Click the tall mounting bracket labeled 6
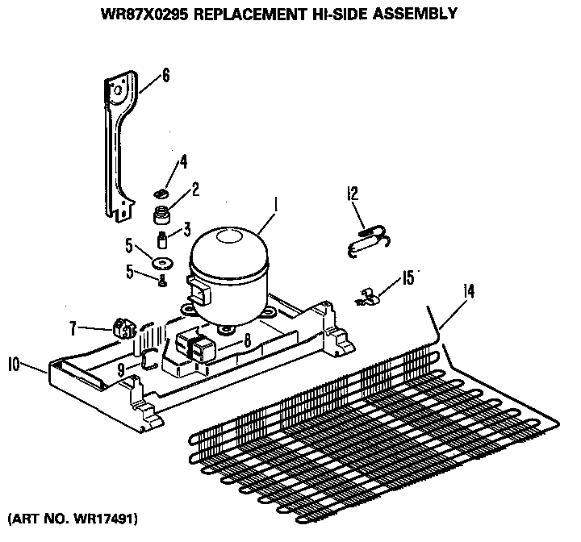click(119, 145)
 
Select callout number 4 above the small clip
click(182, 162)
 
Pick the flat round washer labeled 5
click(165, 262)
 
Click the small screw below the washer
click(163, 281)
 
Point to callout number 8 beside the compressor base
click(247, 340)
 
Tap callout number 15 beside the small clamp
click(408, 278)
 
